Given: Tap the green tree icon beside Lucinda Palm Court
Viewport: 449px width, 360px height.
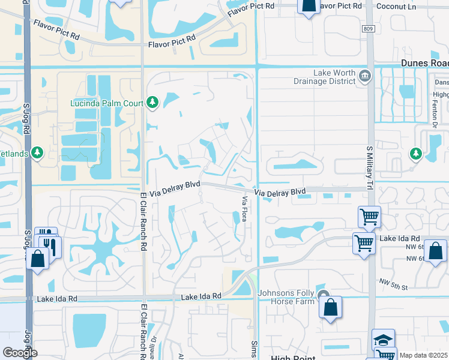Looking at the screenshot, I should coord(152,103).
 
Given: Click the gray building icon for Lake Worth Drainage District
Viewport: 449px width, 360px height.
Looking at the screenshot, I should coord(365,76).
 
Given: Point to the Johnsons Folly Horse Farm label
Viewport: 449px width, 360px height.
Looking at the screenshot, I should coord(286,297).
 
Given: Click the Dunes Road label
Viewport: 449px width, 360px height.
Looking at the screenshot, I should coord(424,63).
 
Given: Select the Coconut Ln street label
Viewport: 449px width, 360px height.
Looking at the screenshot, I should coord(397,5).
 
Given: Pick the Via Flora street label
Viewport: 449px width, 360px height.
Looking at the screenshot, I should coord(244,208).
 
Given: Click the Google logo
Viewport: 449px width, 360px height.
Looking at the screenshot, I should coord(20,353).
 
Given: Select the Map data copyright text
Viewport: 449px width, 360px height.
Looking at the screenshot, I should coord(423,355).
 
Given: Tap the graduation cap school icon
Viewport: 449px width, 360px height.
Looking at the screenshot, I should coord(383,339).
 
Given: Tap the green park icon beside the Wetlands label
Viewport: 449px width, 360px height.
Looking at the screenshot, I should coord(37,152).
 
